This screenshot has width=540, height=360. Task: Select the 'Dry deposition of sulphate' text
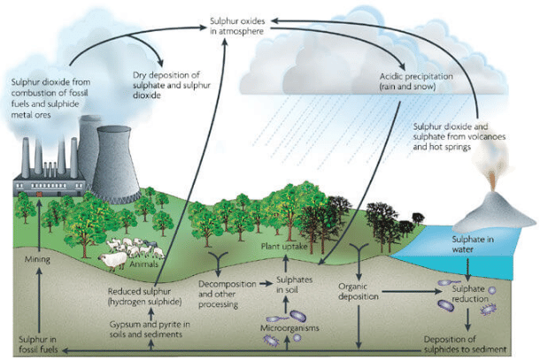click(170, 84)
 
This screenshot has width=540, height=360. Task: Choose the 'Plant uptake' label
click(282, 250)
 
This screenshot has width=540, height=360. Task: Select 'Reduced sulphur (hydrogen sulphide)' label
click(144, 296)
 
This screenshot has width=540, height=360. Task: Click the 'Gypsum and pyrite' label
click(146, 331)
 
